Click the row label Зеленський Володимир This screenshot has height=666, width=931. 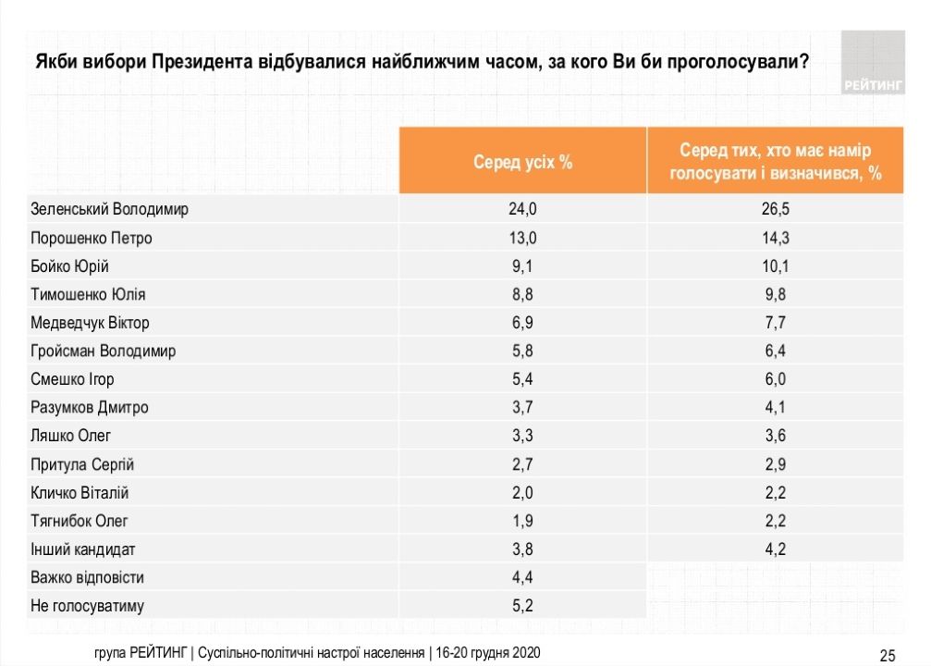[x=109, y=209]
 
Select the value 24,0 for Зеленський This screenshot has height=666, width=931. [x=522, y=209]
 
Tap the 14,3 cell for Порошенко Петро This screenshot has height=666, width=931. [x=776, y=238]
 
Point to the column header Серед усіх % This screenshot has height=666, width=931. [x=522, y=161]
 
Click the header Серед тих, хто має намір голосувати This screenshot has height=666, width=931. [x=776, y=161]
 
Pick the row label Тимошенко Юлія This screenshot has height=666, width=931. [x=88, y=294]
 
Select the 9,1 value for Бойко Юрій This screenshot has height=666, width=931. [x=522, y=266]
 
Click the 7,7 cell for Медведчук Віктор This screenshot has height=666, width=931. [x=776, y=323]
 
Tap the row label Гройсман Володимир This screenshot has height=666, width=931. [x=103, y=351]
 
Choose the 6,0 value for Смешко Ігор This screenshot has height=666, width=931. [x=776, y=379]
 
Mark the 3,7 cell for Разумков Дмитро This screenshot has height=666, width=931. [x=522, y=408]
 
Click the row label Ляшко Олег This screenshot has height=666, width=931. [x=70, y=436]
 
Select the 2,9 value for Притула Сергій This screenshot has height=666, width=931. [x=776, y=464]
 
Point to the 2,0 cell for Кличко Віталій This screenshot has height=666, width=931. [x=522, y=493]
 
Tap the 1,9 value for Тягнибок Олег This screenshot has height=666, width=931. [x=522, y=521]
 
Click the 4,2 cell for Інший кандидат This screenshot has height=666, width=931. [x=776, y=549]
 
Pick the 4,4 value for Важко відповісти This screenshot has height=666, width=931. [x=522, y=577]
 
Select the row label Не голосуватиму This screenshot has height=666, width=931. [x=87, y=606]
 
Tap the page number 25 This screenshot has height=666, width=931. [x=887, y=656]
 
